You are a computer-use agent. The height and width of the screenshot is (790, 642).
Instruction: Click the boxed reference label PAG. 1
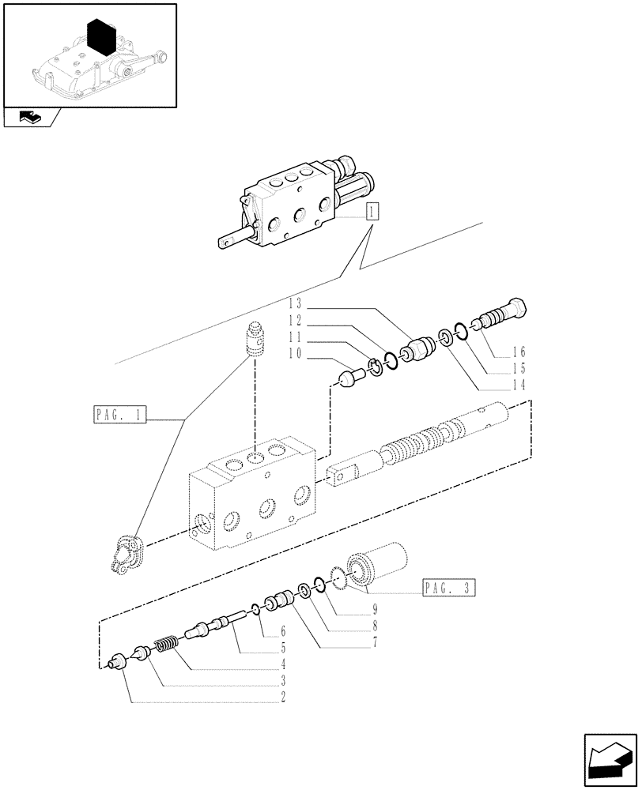tap(119, 415)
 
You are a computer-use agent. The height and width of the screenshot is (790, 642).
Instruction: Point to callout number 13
tap(296, 303)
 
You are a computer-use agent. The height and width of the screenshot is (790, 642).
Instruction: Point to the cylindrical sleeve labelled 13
tap(420, 347)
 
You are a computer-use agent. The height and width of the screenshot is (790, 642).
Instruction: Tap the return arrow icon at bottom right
tap(609, 756)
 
